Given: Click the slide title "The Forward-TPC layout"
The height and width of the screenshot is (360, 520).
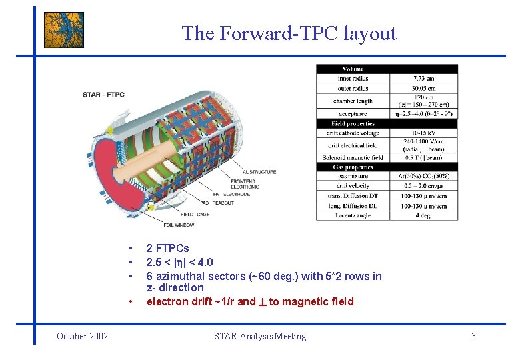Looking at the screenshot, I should pyautogui.click(x=289, y=33).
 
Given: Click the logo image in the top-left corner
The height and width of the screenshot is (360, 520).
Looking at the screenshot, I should pyautogui.click(x=64, y=30).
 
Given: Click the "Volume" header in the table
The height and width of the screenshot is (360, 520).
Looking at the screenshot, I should pyautogui.click(x=353, y=69).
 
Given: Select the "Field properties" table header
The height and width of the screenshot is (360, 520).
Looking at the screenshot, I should pyautogui.click(x=353, y=124).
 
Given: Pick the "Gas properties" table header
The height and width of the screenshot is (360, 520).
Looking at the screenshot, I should pyautogui.click(x=353, y=167).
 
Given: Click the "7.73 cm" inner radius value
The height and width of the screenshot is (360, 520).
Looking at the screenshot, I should pyautogui.click(x=423, y=79).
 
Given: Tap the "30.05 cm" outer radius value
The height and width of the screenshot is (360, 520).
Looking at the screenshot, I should pyautogui.click(x=423, y=88).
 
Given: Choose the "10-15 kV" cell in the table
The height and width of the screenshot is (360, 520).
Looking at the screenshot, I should pyautogui.click(x=423, y=133).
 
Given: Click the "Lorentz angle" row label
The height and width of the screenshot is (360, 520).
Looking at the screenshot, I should pyautogui.click(x=353, y=215).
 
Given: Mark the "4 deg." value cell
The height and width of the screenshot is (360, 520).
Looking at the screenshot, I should pyautogui.click(x=423, y=215).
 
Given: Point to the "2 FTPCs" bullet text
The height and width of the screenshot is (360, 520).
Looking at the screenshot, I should pyautogui.click(x=167, y=249).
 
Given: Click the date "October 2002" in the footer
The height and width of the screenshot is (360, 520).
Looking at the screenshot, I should pyautogui.click(x=83, y=336).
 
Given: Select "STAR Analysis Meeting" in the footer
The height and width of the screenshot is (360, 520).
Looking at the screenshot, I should pyautogui.click(x=260, y=336).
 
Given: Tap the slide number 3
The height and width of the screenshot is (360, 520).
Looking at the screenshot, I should pyautogui.click(x=473, y=336).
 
